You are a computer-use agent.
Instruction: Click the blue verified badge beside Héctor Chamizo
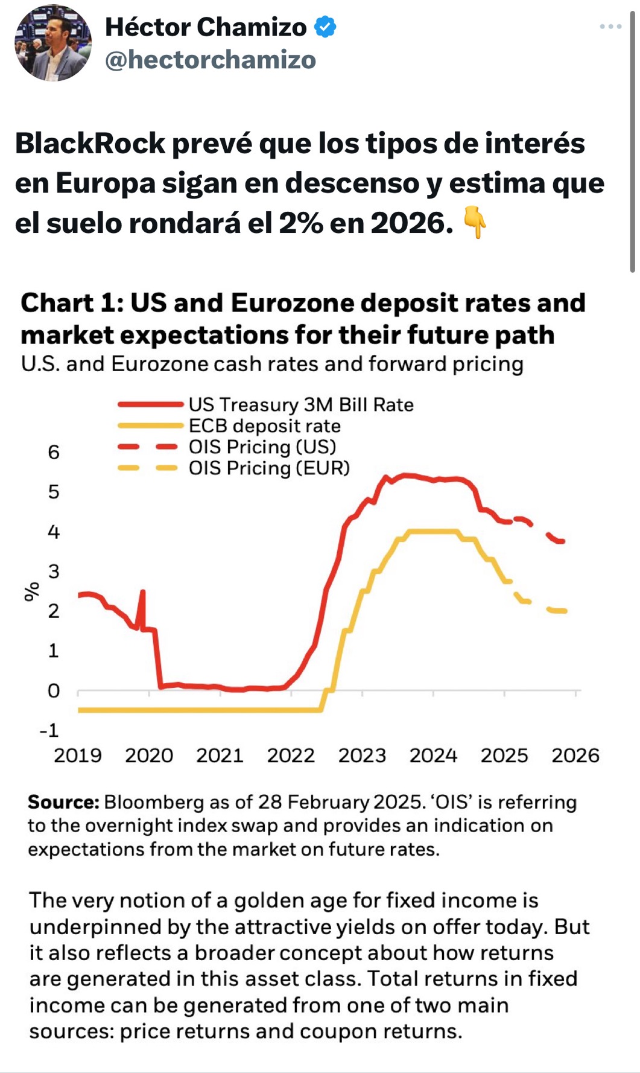click(x=326, y=27)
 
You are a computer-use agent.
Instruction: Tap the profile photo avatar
click(x=53, y=42)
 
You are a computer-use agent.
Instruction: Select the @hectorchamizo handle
click(x=211, y=60)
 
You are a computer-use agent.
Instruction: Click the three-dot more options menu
click(x=610, y=27)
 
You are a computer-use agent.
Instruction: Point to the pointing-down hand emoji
click(x=475, y=222)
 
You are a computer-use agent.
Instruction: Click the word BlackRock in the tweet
click(x=90, y=144)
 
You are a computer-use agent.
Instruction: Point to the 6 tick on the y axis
click(x=54, y=452)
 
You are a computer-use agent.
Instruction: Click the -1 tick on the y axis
click(x=49, y=730)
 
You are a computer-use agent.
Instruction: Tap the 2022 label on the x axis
click(x=291, y=756)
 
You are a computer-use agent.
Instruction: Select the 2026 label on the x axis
click(x=575, y=756)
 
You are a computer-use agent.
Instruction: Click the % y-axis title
click(x=31, y=592)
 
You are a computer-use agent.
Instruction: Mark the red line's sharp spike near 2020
click(x=142, y=591)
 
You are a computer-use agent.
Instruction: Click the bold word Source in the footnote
click(x=63, y=802)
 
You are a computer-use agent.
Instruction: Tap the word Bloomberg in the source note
click(x=154, y=803)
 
